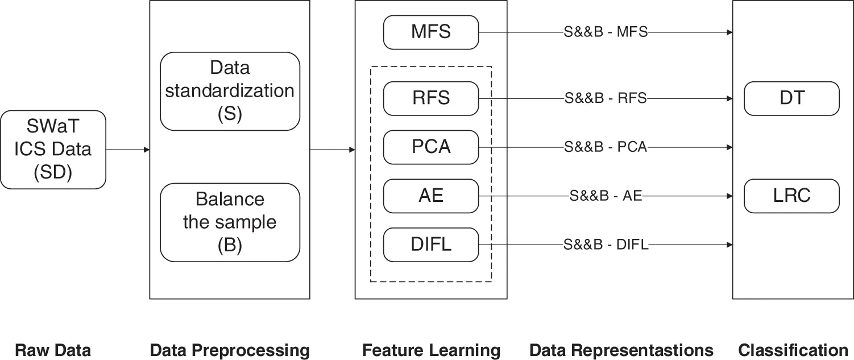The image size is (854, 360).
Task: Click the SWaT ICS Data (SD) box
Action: pyautogui.click(x=53, y=150)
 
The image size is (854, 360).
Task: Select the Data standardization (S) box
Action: pyautogui.click(x=230, y=91)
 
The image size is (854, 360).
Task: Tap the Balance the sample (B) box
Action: pyautogui.click(x=230, y=222)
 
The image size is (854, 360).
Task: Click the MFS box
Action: pyautogui.click(x=431, y=32)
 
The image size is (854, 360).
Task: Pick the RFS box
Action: pyautogui.click(x=431, y=98)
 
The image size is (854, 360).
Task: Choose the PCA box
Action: pyautogui.click(x=431, y=147)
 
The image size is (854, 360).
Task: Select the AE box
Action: pyautogui.click(x=431, y=196)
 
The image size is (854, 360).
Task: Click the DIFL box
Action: pyautogui.click(x=431, y=245)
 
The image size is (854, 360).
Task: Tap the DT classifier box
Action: pyautogui.click(x=792, y=98)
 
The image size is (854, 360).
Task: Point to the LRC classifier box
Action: pyautogui.click(x=792, y=196)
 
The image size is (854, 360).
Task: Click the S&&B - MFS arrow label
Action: pyautogui.click(x=606, y=32)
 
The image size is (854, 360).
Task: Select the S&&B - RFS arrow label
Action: pyautogui.click(x=606, y=98)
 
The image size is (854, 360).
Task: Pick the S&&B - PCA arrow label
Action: pyautogui.click(x=606, y=147)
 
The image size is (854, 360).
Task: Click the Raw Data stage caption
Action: pyautogui.click(x=52, y=350)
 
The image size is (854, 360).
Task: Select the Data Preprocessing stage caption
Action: pyautogui.click(x=230, y=350)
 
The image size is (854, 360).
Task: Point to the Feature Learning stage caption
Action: pyautogui.click(x=431, y=350)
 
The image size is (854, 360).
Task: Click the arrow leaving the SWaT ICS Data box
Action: pyautogui.click(x=128, y=150)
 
